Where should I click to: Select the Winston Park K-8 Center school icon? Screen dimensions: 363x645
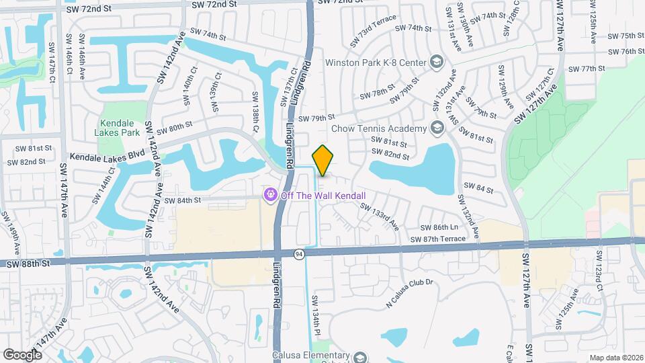437,63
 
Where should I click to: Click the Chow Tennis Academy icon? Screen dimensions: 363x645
437,128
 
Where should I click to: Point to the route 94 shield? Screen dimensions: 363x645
298,253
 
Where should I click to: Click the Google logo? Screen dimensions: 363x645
22,354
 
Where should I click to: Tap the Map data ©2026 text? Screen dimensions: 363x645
615,358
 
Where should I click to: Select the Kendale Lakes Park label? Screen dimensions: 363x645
119,128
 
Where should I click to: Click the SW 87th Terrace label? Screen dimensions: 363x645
437,239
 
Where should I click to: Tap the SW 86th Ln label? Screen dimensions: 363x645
439,228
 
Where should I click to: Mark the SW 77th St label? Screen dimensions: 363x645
583,69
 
